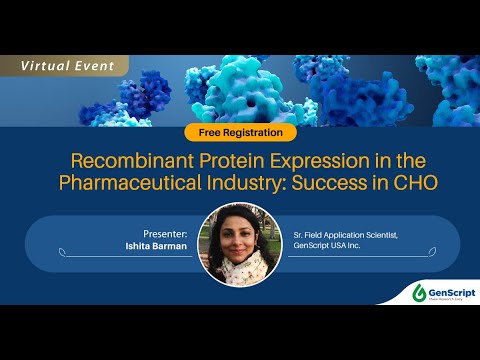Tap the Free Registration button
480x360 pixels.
(240, 132)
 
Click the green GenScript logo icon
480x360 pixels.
(419, 292)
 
